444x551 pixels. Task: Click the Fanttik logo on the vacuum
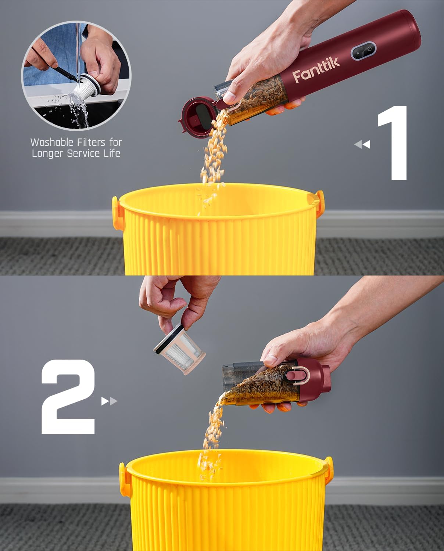pos(316,70)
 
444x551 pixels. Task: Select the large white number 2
pos(69,397)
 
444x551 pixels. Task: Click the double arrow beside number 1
pos(362,144)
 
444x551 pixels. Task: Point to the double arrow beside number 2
pos(109,401)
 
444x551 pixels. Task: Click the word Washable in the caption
pos(52,142)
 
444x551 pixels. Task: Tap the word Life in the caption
pos(112,154)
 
